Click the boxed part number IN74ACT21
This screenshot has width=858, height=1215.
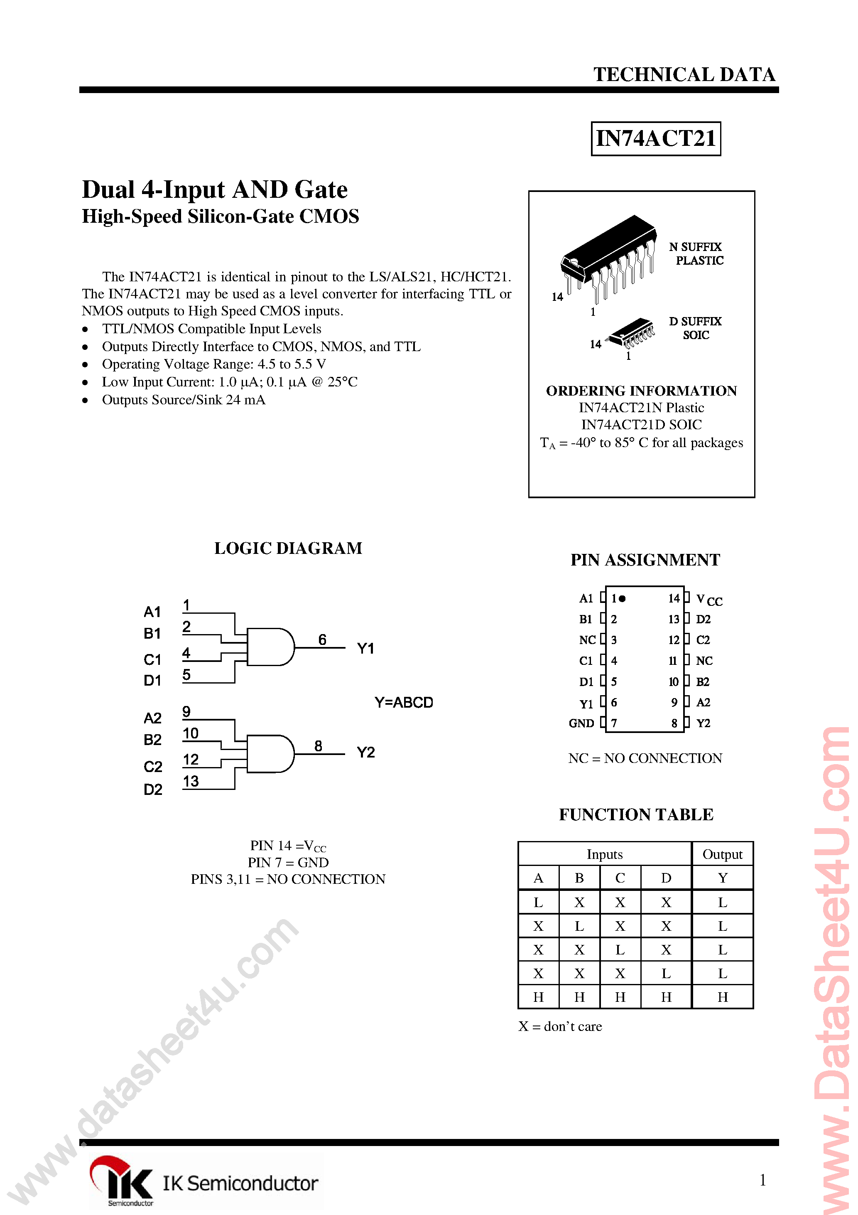[x=655, y=139]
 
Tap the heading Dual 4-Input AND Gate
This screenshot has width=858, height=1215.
[x=215, y=190]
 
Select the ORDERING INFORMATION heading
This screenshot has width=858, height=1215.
[x=641, y=391]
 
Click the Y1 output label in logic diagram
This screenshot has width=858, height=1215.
[x=365, y=648]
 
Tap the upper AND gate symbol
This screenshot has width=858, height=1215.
[x=270, y=647]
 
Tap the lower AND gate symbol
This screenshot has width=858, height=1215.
[x=270, y=753]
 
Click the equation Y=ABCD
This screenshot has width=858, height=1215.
[x=404, y=702]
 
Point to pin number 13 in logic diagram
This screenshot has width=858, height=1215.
[x=191, y=781]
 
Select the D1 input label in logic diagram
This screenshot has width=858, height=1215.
[x=152, y=681]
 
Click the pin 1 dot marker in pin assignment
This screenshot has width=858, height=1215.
[x=623, y=598]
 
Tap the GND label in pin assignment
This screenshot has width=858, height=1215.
[x=581, y=723]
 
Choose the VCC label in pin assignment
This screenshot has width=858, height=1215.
[x=709, y=600]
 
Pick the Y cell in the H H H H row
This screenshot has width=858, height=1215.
[x=722, y=997]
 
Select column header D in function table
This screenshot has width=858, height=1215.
[x=666, y=878]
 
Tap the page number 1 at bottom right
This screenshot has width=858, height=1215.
[x=762, y=1180]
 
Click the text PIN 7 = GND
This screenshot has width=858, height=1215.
[x=288, y=863]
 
